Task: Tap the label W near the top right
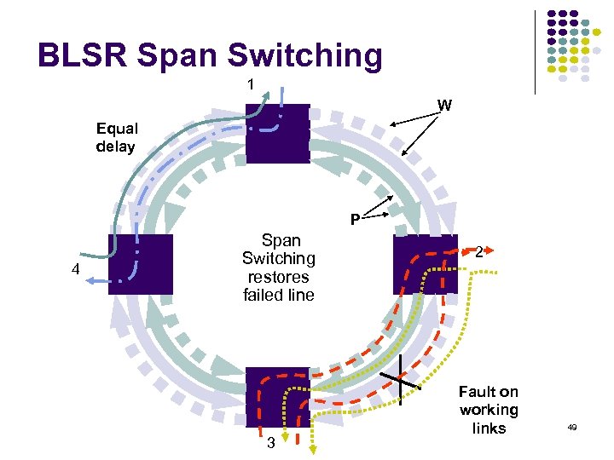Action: [x=444, y=106]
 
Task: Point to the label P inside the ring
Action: [x=354, y=221]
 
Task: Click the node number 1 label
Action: [x=250, y=84]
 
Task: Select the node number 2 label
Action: [x=481, y=251]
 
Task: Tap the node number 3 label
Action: [x=270, y=443]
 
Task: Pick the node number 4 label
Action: [x=74, y=271]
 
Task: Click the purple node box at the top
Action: [x=277, y=133]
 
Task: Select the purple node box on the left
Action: [x=141, y=264]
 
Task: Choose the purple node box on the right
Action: [x=425, y=264]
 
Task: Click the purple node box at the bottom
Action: [x=277, y=396]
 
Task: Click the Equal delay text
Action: [x=116, y=137]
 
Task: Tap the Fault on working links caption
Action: [x=488, y=410]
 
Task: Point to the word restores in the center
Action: [x=278, y=276]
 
